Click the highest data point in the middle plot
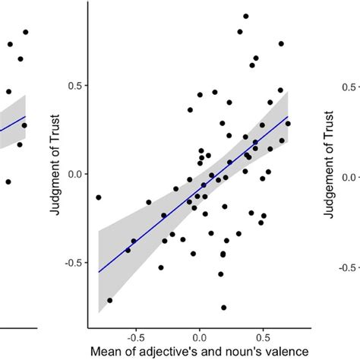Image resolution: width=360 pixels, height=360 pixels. pos(246,16)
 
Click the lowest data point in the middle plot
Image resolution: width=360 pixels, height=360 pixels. pos(224,308)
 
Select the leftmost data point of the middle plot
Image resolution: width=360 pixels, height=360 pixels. pos(98,197)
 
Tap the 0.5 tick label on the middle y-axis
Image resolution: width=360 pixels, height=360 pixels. pos(74,86)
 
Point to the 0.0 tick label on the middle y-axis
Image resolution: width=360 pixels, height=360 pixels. pos(74,174)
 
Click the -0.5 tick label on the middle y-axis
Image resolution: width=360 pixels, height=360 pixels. pos(72,262)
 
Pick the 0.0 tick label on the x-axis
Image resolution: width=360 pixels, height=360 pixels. pos(200,335)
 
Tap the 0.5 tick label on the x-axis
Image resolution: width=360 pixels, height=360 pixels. pos(263,335)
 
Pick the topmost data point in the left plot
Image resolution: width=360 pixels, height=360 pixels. pos(25,32)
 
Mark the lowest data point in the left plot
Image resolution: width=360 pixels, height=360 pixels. pos(8,182)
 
